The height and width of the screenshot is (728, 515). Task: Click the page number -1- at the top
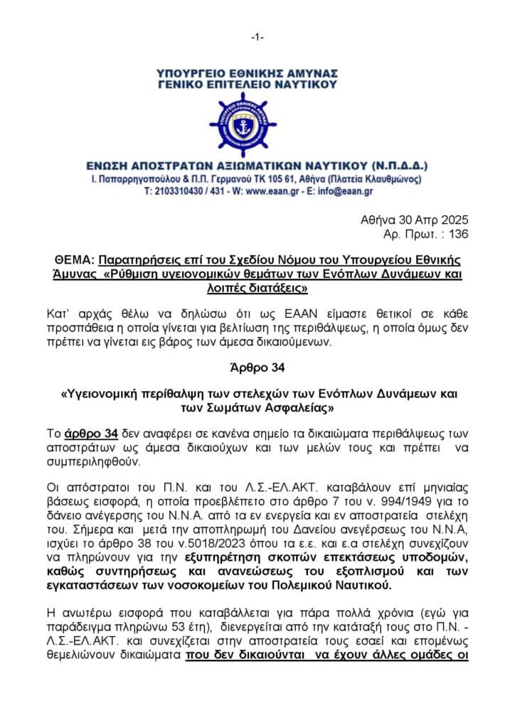coord(257,38)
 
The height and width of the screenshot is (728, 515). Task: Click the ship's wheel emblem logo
coord(257,124)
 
